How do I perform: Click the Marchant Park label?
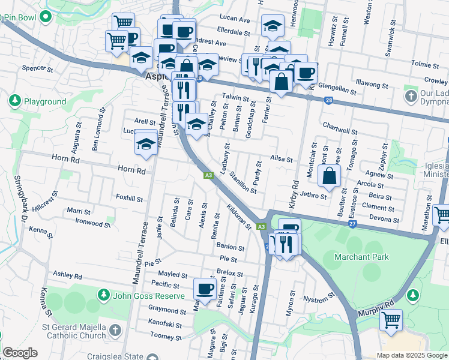(362, 257)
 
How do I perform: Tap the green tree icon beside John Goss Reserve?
(104, 295)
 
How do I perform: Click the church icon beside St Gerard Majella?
(114, 331)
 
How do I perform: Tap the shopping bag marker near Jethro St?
(330, 176)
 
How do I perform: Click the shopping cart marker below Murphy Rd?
(391, 320)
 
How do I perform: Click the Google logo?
(20, 353)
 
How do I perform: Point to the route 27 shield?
(353, 224)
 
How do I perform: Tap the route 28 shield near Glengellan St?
(328, 101)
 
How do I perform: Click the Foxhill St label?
(129, 197)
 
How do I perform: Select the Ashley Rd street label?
(67, 275)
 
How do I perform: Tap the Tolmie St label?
(426, 64)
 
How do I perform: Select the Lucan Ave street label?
(235, 19)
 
